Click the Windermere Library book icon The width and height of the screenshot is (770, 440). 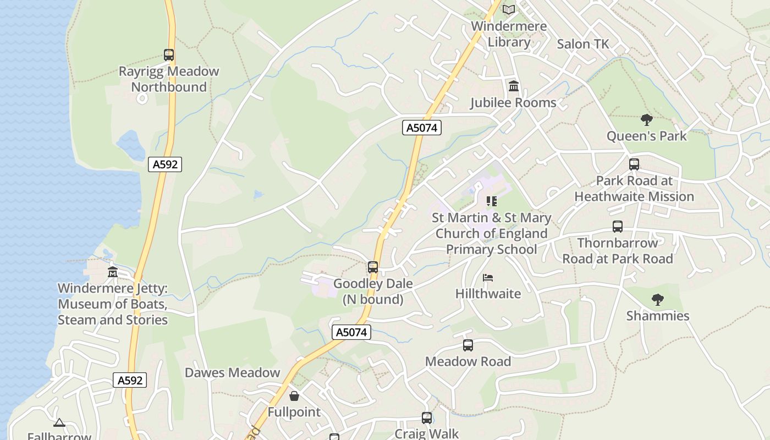point(509,9)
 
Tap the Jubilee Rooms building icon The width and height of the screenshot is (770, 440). point(514,86)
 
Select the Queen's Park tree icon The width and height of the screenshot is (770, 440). point(647,119)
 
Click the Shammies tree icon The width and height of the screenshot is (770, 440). point(657,300)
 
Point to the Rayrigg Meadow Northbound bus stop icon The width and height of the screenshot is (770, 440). point(169,55)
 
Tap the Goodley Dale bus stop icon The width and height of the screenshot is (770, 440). point(373,267)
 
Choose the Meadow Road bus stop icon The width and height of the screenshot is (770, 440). point(468,345)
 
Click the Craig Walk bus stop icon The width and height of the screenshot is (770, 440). point(427,418)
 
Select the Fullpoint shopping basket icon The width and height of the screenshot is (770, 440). point(294,396)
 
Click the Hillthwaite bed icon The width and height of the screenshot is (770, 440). point(487,278)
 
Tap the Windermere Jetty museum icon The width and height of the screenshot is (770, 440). point(113,272)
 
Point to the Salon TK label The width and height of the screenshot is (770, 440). point(583,44)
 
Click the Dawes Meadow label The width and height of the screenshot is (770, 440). point(232,372)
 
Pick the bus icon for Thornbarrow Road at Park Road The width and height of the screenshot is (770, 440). point(618,227)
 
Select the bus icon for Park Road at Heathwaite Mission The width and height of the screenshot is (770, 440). point(634,164)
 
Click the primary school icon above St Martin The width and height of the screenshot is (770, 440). point(491,201)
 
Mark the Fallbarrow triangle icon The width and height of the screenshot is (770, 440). point(59,423)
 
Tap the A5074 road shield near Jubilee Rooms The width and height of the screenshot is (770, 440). point(422,128)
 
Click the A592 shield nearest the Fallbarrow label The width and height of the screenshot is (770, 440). point(130,380)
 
